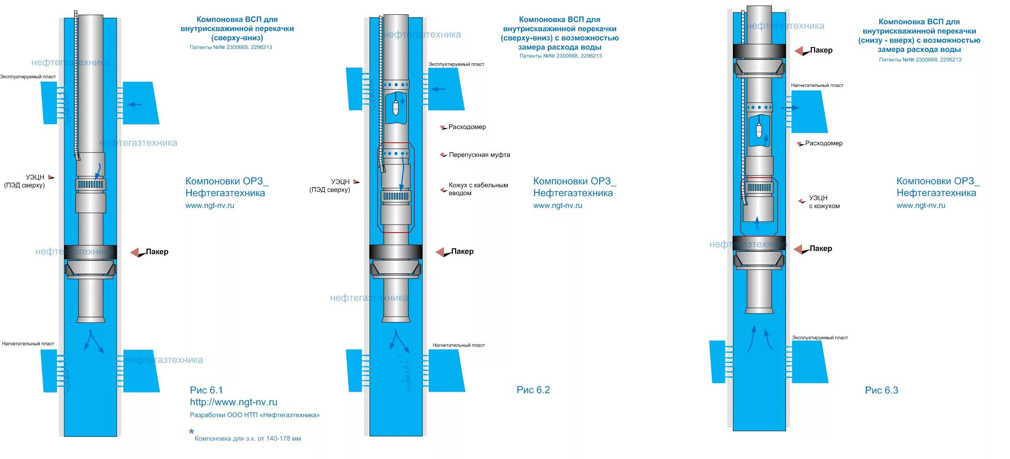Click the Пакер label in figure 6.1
[157, 252]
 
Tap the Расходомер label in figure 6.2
[467, 127]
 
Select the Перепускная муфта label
[479, 155]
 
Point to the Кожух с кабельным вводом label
[478, 189]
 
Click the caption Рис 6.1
[206, 390]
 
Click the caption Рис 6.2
[533, 390]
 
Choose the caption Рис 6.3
[881, 390]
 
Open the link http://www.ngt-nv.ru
[233, 402]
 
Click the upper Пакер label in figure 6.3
[821, 50]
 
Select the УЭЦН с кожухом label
[824, 202]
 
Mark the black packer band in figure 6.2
[396, 251]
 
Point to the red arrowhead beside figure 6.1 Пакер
[135, 252]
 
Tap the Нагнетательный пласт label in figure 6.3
[817, 86]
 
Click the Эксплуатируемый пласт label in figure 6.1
[28, 77]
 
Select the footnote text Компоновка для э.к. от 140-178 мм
[248, 439]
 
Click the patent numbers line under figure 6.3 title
[920, 60]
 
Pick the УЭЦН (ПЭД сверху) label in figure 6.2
[330, 186]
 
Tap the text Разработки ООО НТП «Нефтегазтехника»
[255, 415]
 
